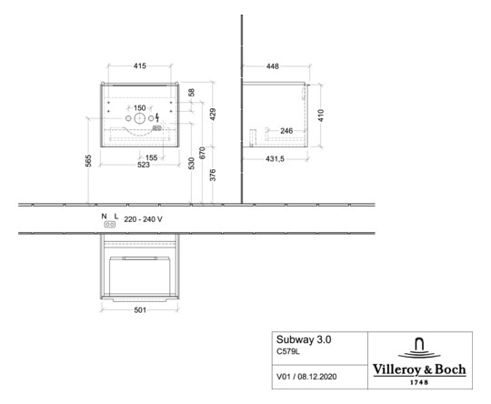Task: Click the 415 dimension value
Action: [140, 66]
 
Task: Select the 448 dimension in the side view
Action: [273, 66]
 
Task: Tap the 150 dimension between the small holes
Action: [140, 107]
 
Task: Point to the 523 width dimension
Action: [144, 165]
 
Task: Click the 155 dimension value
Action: [152, 157]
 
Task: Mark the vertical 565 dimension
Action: [88, 160]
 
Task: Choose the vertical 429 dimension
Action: [213, 115]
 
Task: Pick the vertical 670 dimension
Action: [202, 153]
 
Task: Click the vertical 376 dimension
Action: [213, 175]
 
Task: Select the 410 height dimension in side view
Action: [321, 116]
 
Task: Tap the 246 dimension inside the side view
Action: [286, 131]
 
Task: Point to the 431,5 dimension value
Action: [275, 159]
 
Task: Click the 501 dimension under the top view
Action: [140, 310]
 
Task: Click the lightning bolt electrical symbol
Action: [157, 117]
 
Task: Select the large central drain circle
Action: [140, 118]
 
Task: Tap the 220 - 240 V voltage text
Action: [143, 219]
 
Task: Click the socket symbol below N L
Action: [110, 225]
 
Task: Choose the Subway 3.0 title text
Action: [304, 339]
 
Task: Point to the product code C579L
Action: [288, 351]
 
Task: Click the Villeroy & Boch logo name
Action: [419, 369]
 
